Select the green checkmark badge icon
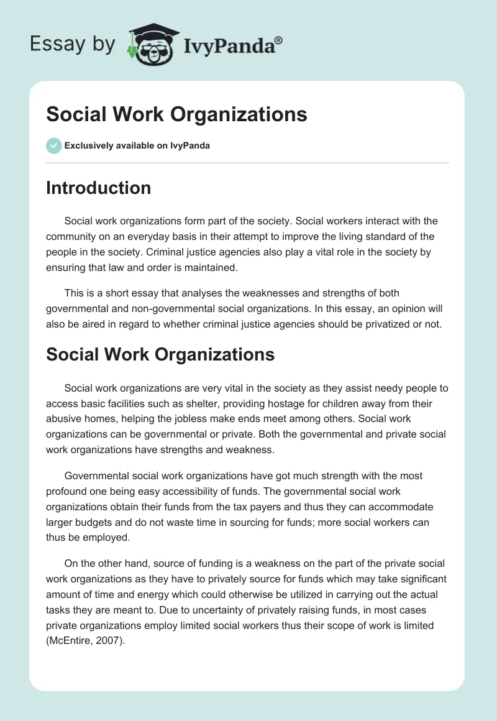53,145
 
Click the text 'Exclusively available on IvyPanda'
137,146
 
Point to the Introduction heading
98,188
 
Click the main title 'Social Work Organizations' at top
176,114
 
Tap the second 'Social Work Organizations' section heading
160,354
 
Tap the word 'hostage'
307,403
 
